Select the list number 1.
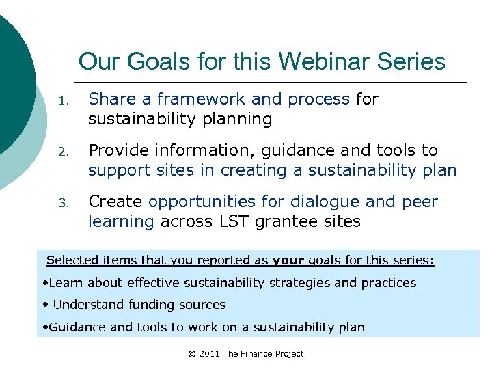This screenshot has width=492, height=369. pos(62,100)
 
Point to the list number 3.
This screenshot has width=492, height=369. pos(62,203)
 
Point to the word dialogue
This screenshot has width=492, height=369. pos(322,202)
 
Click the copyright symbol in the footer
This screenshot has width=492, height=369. pos(192,353)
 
